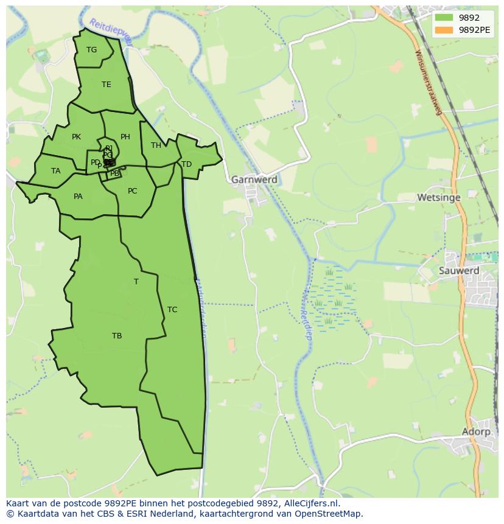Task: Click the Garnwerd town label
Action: pos(254,180)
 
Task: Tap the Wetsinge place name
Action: pos(438,198)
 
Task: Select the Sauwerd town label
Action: pos(459,271)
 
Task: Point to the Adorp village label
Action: pos(476,431)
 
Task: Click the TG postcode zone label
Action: pos(91,50)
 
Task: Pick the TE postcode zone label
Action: pos(107,85)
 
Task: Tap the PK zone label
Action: pos(76,137)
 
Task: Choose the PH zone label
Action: pos(125,137)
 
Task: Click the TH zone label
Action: pos(156,145)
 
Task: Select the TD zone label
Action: pos(186,164)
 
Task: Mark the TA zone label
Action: pos(56,171)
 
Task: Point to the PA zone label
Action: pos(78,197)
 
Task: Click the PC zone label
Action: pos(132,191)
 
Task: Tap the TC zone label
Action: pos(172,310)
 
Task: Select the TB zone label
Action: pos(117,336)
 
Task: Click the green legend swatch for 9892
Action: pos(444,18)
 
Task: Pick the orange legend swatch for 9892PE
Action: pos(444,30)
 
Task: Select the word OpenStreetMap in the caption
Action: pos(329,514)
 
